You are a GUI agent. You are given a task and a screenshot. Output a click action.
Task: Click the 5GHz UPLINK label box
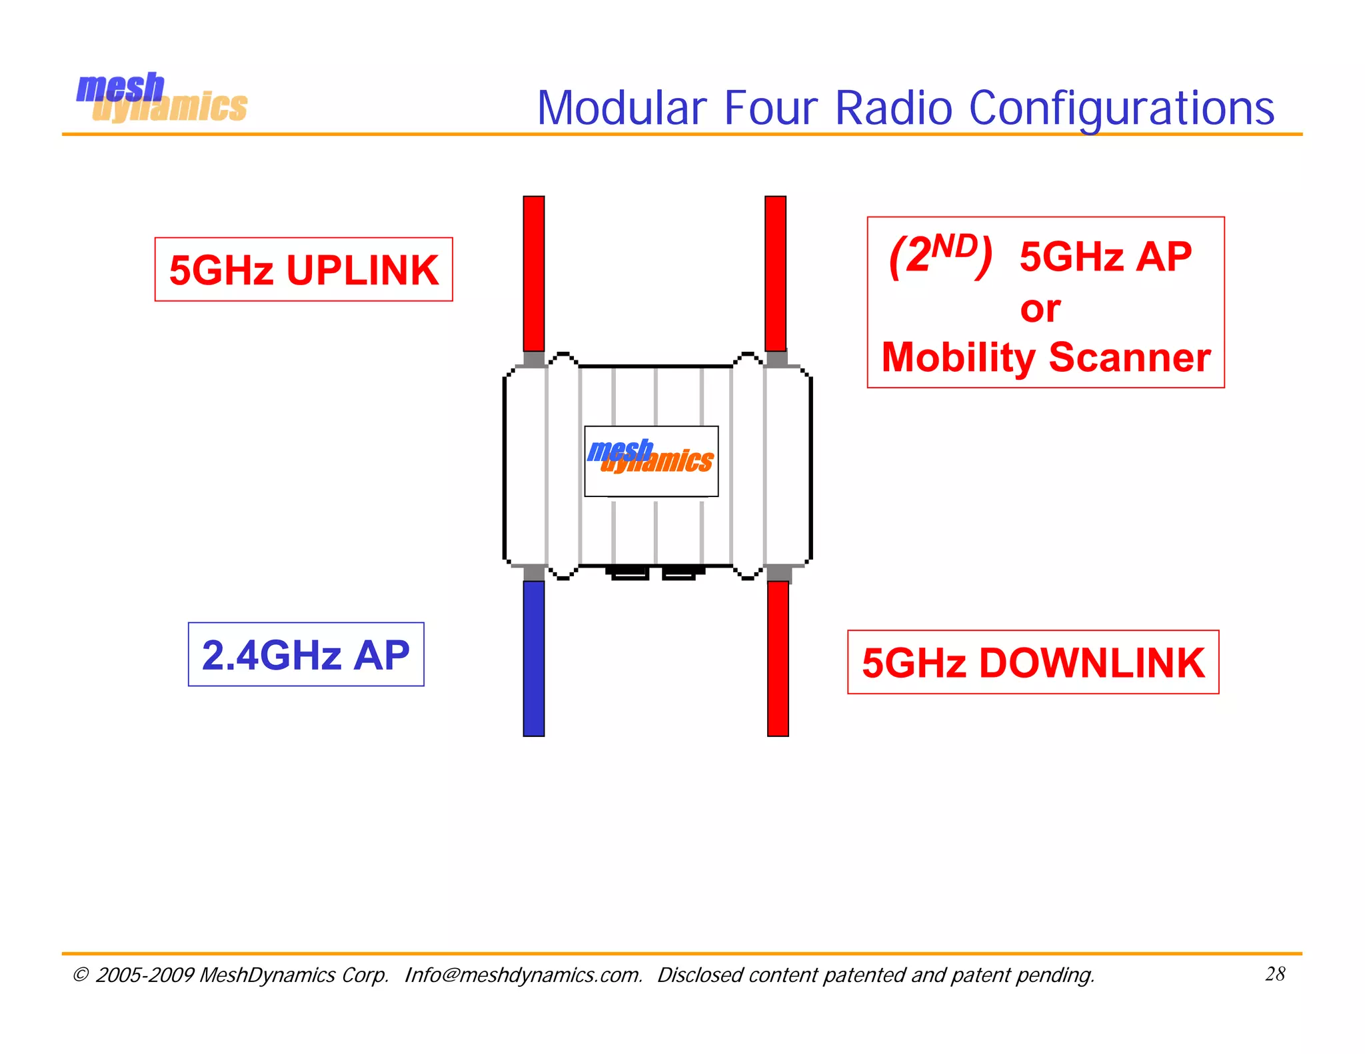click(x=303, y=270)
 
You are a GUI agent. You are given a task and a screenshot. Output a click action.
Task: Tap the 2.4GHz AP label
click(x=306, y=655)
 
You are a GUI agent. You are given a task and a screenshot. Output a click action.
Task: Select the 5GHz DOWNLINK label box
click(x=1033, y=663)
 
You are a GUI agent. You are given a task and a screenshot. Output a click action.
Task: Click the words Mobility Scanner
click(x=1046, y=358)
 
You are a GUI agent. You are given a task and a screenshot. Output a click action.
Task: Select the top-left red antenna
click(x=534, y=273)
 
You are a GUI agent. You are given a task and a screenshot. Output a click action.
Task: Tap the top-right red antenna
click(x=775, y=273)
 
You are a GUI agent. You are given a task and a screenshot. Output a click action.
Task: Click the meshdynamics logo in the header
click(x=161, y=99)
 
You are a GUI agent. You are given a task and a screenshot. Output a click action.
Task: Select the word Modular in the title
click(x=621, y=109)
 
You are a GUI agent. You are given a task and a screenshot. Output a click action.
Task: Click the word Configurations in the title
click(x=1121, y=109)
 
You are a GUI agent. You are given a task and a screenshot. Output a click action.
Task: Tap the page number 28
click(x=1274, y=974)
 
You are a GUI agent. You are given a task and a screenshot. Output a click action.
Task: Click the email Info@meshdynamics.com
click(x=523, y=975)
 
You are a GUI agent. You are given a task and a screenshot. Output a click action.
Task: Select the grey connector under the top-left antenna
click(x=534, y=359)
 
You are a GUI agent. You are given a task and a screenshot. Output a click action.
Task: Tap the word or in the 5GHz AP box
click(x=1040, y=309)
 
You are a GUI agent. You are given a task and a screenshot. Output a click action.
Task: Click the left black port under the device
click(x=629, y=572)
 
